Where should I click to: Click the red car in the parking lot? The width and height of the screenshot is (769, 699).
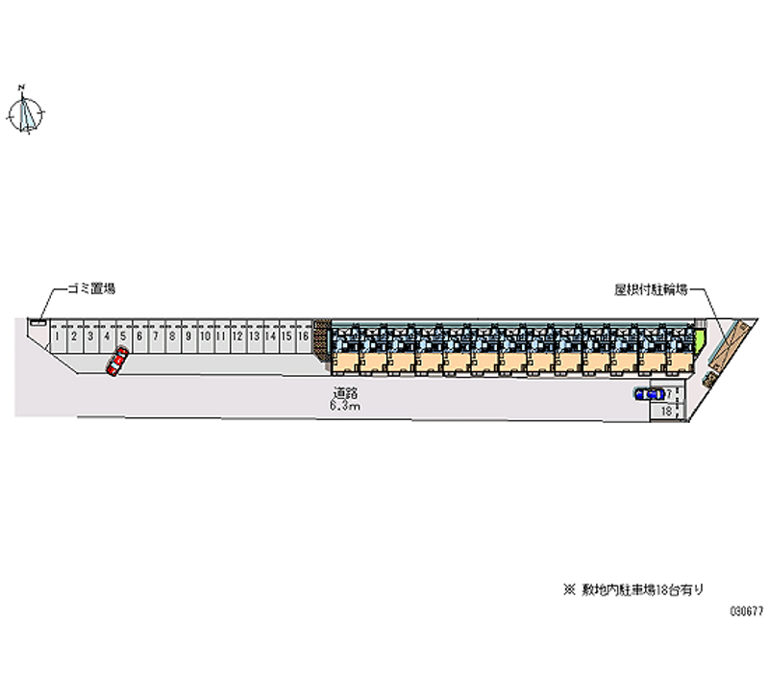[116, 361]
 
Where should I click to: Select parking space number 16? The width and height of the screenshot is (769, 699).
[303, 337]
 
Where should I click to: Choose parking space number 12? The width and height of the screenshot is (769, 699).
[236, 337]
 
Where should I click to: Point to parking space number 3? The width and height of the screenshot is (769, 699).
[89, 337]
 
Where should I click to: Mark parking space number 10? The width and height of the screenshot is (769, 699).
[204, 337]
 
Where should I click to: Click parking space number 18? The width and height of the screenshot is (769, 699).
[665, 411]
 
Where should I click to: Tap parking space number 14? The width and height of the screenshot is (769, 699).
[270, 337]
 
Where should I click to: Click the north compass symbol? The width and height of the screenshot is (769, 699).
[26, 112]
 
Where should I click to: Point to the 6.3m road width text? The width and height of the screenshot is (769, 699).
[344, 406]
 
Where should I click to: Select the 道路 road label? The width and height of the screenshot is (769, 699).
[344, 392]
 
